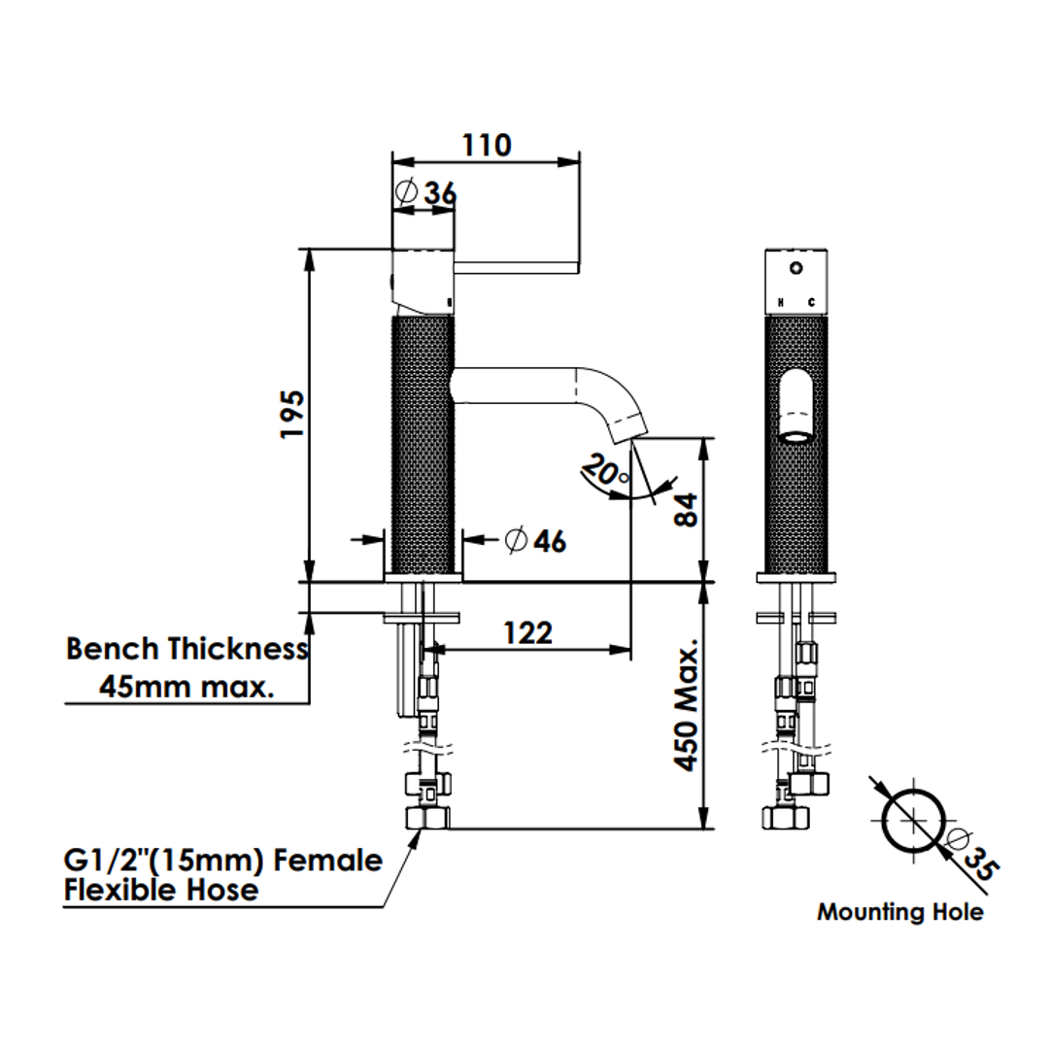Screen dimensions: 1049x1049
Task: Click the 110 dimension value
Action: [487, 145]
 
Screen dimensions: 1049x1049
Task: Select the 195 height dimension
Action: [292, 414]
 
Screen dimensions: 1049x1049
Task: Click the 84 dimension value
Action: [686, 510]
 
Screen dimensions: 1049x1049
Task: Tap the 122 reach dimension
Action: [527, 633]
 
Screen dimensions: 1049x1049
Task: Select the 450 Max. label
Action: [686, 704]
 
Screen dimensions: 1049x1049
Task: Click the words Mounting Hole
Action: [900, 912]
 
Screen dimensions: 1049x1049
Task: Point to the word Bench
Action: [113, 648]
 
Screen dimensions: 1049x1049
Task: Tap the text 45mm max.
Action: [187, 687]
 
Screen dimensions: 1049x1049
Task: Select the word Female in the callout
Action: [328, 861]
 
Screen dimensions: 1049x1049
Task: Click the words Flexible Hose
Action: [161, 890]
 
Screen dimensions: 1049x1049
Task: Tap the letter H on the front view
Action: [780, 303]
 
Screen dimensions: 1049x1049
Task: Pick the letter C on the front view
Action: [811, 303]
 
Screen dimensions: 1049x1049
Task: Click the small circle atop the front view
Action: [796, 268]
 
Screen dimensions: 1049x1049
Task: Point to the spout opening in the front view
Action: [796, 438]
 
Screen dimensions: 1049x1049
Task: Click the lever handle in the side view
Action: [516, 268]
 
